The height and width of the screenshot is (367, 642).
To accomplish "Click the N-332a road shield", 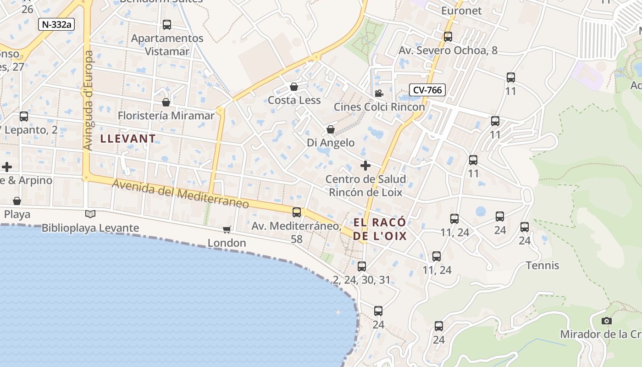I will [x=56, y=24].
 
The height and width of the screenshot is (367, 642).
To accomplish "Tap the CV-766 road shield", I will [x=427, y=90].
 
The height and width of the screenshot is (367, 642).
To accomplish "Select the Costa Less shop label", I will [x=294, y=100].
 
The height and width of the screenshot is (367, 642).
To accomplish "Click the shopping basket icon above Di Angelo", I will [x=330, y=130].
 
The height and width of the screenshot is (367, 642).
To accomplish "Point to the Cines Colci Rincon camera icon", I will [x=379, y=94].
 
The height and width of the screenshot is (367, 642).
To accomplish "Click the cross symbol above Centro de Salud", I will [x=365, y=166].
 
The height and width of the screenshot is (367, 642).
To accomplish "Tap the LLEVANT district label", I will [x=128, y=138].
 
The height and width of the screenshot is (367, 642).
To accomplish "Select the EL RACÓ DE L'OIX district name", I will [x=380, y=229].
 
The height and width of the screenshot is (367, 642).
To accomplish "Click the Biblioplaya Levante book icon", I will [x=90, y=214].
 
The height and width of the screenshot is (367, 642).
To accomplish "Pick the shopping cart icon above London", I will [x=227, y=229].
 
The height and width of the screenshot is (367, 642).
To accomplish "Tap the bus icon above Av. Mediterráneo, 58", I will [x=297, y=212].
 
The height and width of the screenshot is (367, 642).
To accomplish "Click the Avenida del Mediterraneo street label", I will [x=181, y=194].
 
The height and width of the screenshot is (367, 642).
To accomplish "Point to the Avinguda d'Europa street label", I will [x=89, y=100].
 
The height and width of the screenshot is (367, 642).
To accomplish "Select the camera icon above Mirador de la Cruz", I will [x=607, y=321].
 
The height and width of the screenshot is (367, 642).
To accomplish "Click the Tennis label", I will [x=542, y=265].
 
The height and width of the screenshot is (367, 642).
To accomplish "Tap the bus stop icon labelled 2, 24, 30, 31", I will [x=362, y=266].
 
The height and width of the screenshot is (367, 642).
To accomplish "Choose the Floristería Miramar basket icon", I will [x=166, y=102].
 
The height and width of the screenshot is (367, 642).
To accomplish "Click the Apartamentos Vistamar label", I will [x=167, y=44].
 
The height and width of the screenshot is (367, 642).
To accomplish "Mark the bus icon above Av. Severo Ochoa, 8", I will [x=448, y=37].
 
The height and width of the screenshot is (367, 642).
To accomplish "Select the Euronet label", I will [x=461, y=10].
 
